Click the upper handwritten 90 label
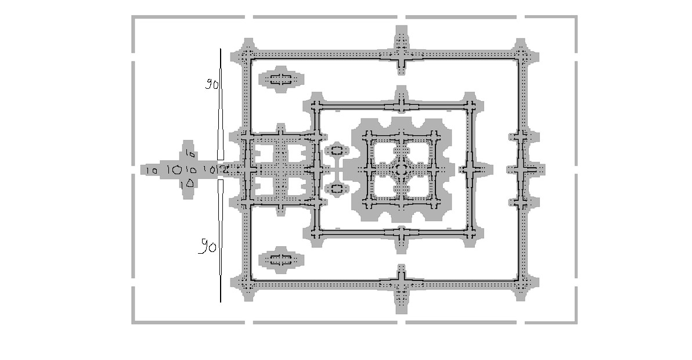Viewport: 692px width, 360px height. pos(211,84)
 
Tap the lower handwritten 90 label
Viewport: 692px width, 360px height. pos(208,247)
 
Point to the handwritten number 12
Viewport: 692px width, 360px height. pos(222,170)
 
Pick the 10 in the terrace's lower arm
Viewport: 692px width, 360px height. pos(187,184)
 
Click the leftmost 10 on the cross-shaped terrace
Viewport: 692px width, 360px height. pos(152,171)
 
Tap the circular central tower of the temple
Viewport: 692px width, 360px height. pos(401,170)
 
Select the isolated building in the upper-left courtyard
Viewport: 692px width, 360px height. pos(280,79)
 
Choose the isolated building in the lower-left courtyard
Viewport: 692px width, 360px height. pos(280,259)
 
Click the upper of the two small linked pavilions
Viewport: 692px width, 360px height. pos(336,151)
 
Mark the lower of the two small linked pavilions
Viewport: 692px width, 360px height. pos(336,188)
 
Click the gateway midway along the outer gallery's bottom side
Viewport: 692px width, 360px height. pos(401,284)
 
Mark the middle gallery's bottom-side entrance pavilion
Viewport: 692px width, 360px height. pos(401,233)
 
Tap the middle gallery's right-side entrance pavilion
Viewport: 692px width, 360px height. pos(470,170)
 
